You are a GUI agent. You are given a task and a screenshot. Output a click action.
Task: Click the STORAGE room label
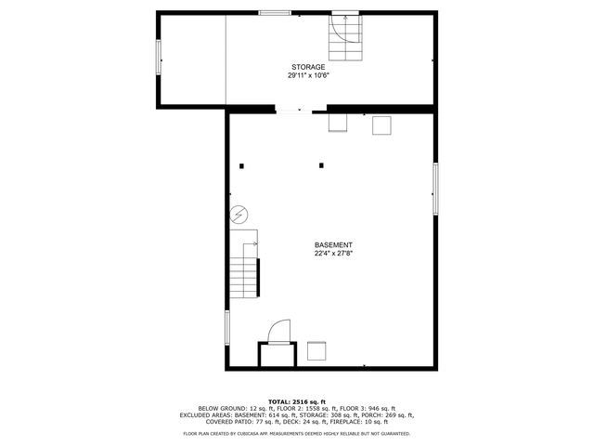point(308,68)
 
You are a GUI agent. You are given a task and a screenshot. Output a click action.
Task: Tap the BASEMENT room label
point(332,244)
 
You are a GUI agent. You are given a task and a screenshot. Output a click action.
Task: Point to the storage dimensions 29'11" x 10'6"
point(308,76)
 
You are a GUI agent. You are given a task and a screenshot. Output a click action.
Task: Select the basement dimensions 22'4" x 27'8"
point(332,253)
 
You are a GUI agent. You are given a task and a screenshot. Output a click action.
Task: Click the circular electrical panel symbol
point(239,215)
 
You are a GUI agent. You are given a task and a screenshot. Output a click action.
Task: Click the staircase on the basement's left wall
point(245,276)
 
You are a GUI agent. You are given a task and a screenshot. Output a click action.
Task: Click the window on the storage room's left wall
point(159,59)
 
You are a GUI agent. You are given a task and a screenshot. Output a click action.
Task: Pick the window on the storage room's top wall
point(273,12)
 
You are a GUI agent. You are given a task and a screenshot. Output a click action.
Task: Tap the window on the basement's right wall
point(434,190)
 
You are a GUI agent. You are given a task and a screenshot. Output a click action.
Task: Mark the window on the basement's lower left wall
point(227,328)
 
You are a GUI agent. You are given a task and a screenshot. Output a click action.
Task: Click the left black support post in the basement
point(241,165)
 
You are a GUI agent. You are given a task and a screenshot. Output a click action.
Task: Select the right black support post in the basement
point(321,165)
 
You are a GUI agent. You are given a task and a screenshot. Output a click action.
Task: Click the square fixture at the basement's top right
point(381,125)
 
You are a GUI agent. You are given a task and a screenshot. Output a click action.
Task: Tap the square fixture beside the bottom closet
point(317,351)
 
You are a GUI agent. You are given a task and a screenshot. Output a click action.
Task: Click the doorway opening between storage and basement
point(290,110)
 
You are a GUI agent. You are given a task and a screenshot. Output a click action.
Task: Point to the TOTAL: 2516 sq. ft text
point(297,401)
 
